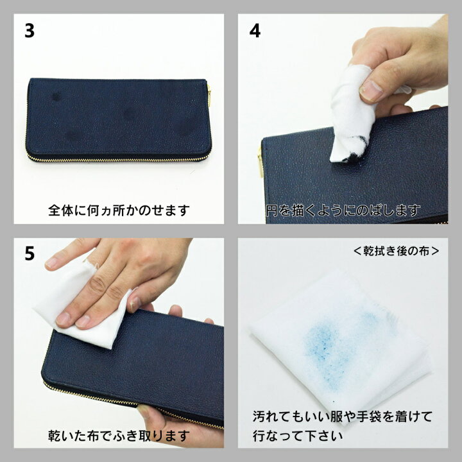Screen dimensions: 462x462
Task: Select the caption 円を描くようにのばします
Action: pyautogui.click(x=343, y=210)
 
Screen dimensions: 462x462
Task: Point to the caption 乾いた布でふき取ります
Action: pyautogui.click(x=119, y=436)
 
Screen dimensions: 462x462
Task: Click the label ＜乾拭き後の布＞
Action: pyautogui.click(x=396, y=250)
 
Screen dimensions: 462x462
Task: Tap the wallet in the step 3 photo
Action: pyautogui.click(x=119, y=119)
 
